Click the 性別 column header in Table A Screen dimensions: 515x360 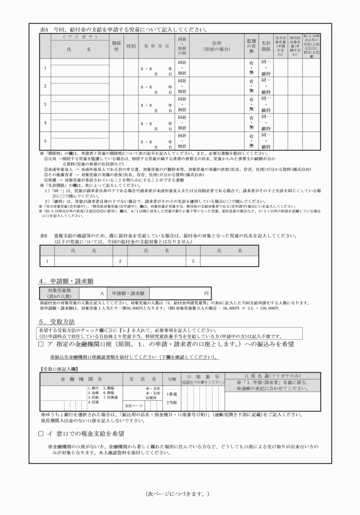click(130, 46)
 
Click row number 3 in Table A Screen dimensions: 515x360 click(45, 104)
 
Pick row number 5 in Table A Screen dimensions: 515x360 click(45, 140)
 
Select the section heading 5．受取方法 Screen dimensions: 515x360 click(59, 322)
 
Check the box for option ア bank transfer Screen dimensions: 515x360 click(41, 345)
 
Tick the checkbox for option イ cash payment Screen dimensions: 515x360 click(41, 434)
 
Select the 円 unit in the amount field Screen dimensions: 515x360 click(206, 293)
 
